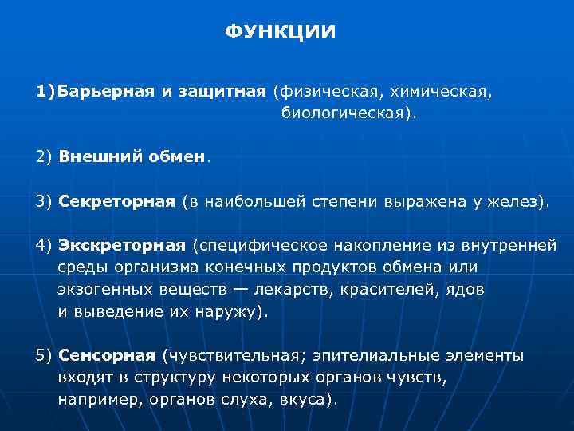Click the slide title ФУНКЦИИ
[281, 33]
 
